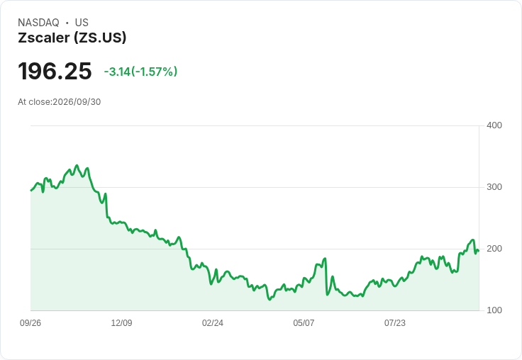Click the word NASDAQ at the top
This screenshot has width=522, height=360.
click(38, 23)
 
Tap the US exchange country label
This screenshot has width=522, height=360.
click(82, 23)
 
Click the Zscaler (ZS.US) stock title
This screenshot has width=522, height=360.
click(72, 38)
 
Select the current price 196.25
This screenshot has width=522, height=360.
click(55, 71)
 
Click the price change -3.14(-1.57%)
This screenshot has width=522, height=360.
click(140, 72)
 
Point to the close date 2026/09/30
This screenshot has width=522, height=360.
click(77, 102)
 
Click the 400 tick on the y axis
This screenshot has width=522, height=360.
click(494, 125)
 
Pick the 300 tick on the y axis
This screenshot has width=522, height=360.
click(494, 187)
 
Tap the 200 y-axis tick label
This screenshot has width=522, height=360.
click(494, 249)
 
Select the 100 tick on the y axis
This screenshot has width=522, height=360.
click(494, 310)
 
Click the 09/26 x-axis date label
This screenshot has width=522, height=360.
click(30, 323)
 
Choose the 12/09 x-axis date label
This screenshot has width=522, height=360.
click(121, 323)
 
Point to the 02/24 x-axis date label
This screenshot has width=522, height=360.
click(213, 323)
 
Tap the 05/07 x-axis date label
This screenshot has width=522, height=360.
click(304, 323)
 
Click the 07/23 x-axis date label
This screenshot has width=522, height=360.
click(395, 323)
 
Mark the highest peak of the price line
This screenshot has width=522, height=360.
click(77, 165)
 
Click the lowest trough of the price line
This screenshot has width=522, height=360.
click(270, 300)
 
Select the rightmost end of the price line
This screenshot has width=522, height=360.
click(479, 251)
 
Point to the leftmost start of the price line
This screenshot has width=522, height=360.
click(31, 191)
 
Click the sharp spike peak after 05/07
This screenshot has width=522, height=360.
click(326, 259)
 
